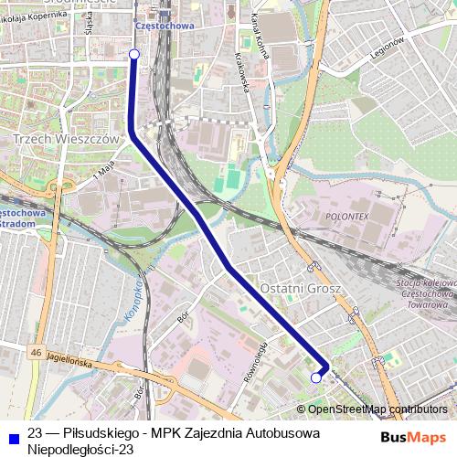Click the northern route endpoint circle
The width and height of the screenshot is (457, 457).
pos(134,55)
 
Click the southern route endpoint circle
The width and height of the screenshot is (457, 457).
pos(316,377)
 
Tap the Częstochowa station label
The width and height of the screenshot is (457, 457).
pos(165,27)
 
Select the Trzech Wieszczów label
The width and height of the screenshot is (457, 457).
pos(68,139)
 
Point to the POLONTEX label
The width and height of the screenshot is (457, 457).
pos(345,218)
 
